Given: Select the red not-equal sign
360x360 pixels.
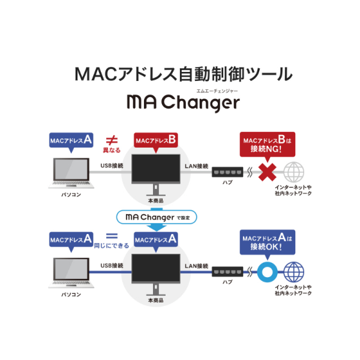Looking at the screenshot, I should pyautogui.click(x=111, y=140).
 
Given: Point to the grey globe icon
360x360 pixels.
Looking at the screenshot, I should pyautogui.click(x=293, y=172).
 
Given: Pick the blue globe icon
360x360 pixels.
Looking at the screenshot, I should pyautogui.click(x=293, y=271).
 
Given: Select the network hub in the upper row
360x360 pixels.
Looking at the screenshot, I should pyautogui.click(x=227, y=172).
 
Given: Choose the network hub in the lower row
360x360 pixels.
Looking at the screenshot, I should pyautogui.click(x=227, y=272).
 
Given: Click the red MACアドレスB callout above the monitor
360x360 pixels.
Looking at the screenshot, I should pyautogui.click(x=156, y=141).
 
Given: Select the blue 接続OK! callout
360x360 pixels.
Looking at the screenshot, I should pyautogui.click(x=267, y=243).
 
